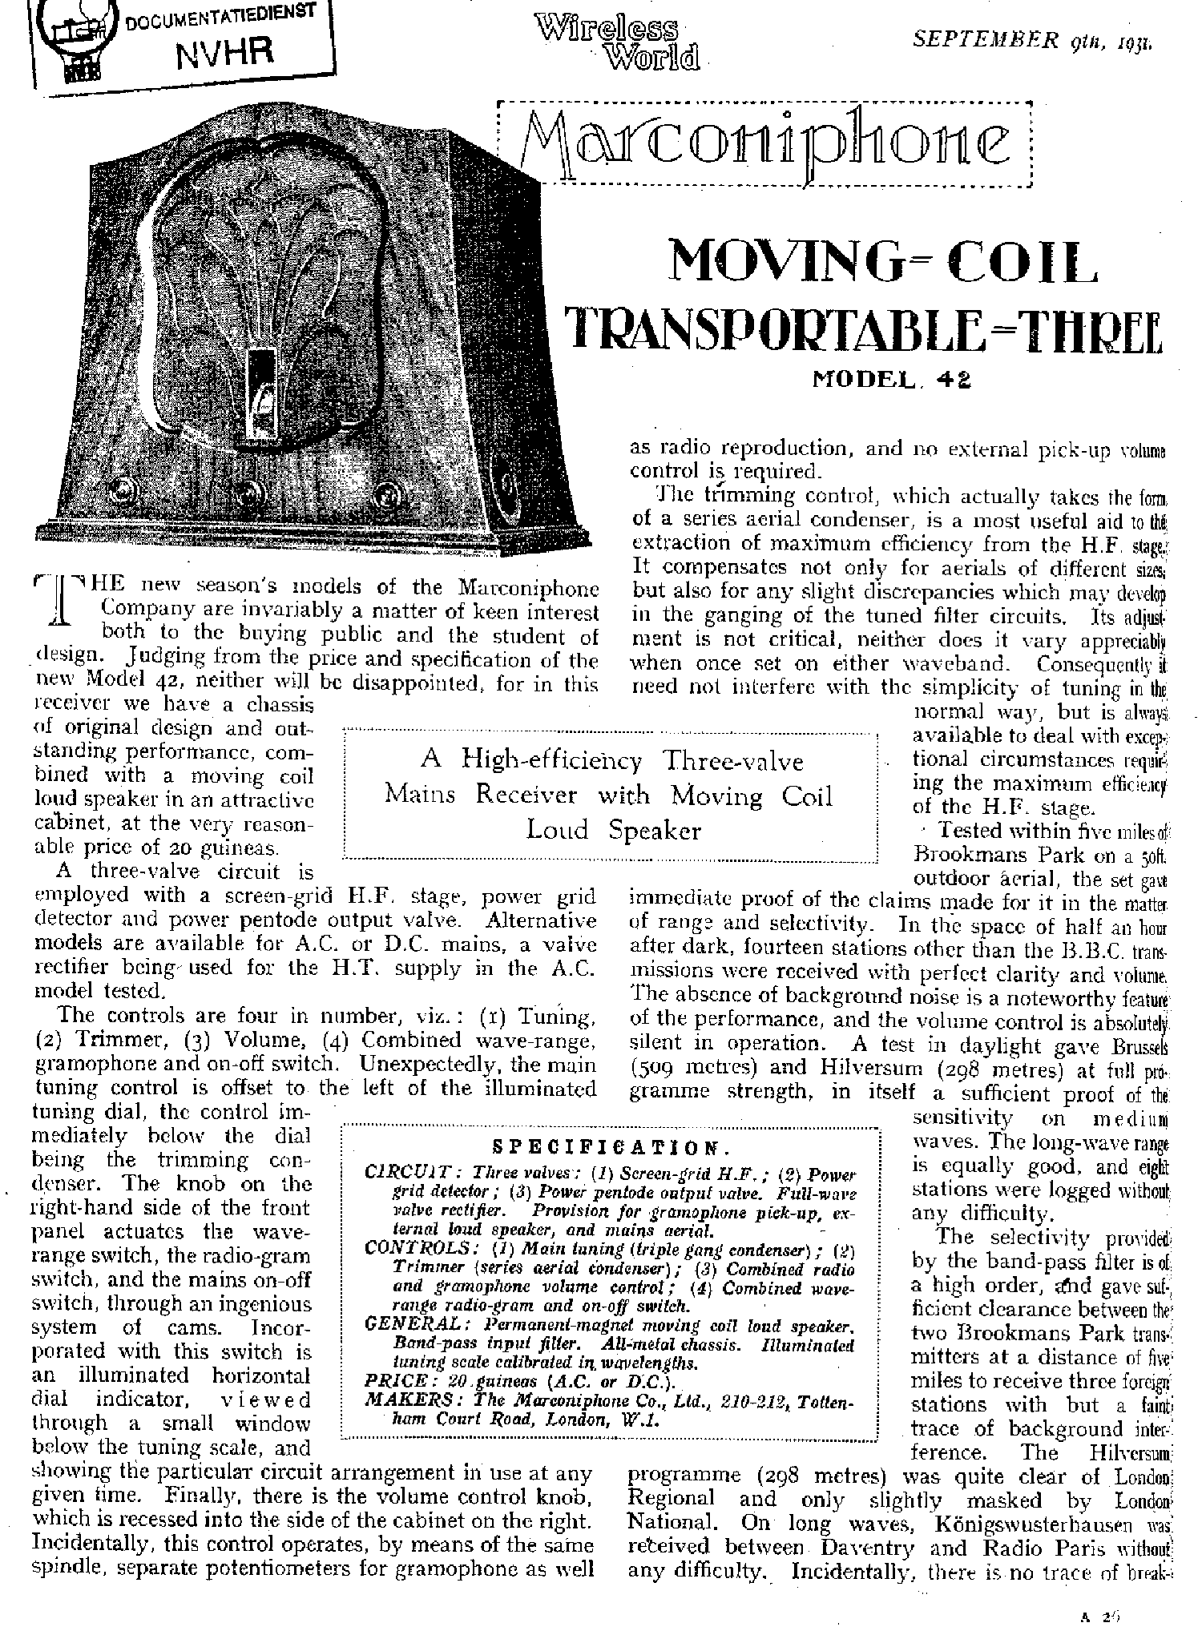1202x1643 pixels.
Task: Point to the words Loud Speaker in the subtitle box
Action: pyautogui.click(x=613, y=831)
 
